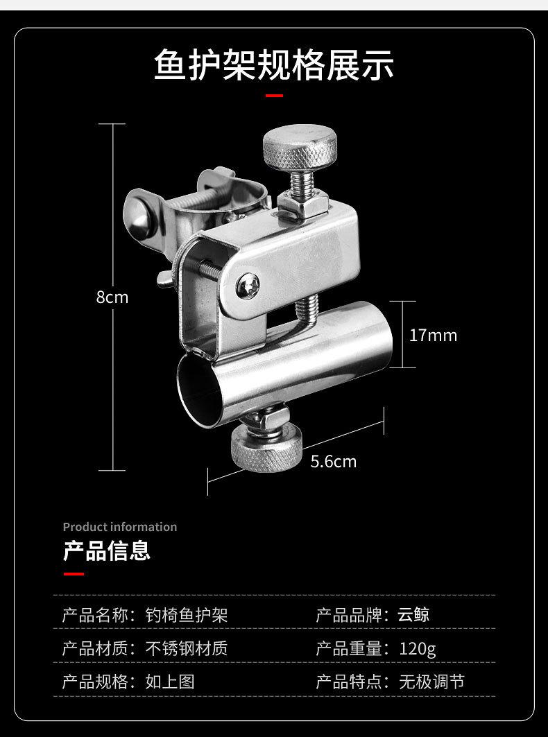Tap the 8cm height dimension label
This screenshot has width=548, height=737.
(112, 297)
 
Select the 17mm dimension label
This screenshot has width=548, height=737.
(433, 335)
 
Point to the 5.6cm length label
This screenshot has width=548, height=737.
(333, 462)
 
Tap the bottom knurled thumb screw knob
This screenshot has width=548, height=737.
(265, 453)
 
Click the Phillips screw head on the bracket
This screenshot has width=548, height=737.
(248, 284)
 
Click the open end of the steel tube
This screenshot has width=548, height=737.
(200, 390)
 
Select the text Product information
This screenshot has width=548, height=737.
(120, 527)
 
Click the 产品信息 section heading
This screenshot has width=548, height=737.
(107, 551)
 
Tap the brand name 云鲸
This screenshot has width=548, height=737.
(413, 615)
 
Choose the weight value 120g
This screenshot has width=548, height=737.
(417, 649)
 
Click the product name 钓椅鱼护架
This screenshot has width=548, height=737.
(187, 615)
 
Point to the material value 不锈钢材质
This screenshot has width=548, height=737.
(187, 649)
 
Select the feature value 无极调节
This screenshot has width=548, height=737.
(431, 682)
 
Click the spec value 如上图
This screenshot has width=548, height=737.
(170, 682)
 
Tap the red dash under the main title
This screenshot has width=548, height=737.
(274, 96)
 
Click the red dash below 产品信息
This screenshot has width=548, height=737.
(74, 574)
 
